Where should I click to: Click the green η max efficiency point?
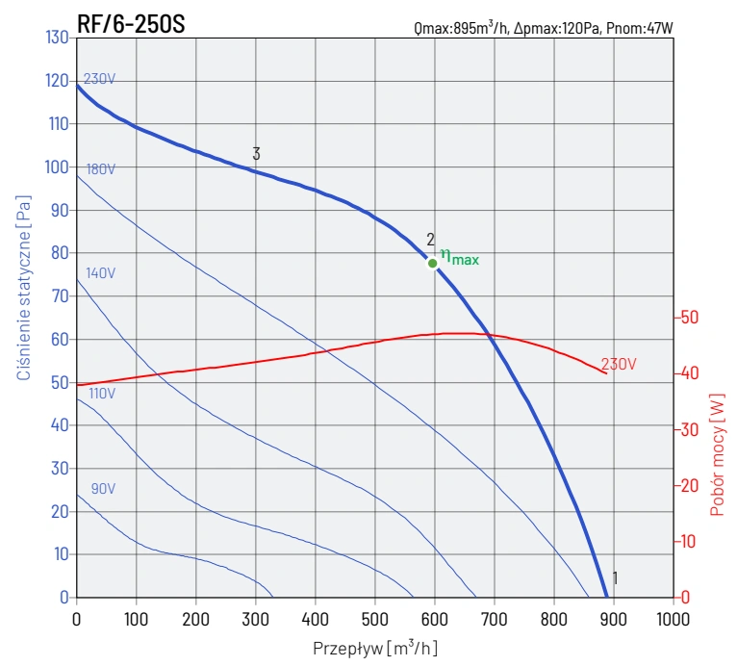pyautogui.click(x=433, y=263)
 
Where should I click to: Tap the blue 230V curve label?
pyautogui.click(x=99, y=79)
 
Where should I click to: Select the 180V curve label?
pyautogui.click(x=101, y=169)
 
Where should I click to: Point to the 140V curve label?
pyautogui.click(x=101, y=273)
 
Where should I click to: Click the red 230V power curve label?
pyautogui.click(x=619, y=365)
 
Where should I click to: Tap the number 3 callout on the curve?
pyautogui.click(x=257, y=154)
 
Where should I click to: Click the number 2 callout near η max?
pyautogui.click(x=431, y=240)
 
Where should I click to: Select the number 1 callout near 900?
pyautogui.click(x=615, y=578)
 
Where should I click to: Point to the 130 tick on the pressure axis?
pyautogui.click(x=57, y=38)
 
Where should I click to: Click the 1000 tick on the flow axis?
pyautogui.click(x=673, y=619)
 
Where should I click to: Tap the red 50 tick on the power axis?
pyautogui.click(x=689, y=318)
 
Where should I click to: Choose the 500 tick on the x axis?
pyautogui.click(x=375, y=619)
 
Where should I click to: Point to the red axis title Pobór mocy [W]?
pyautogui.click(x=717, y=452)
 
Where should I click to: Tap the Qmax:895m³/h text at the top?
pyautogui.click(x=461, y=29)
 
